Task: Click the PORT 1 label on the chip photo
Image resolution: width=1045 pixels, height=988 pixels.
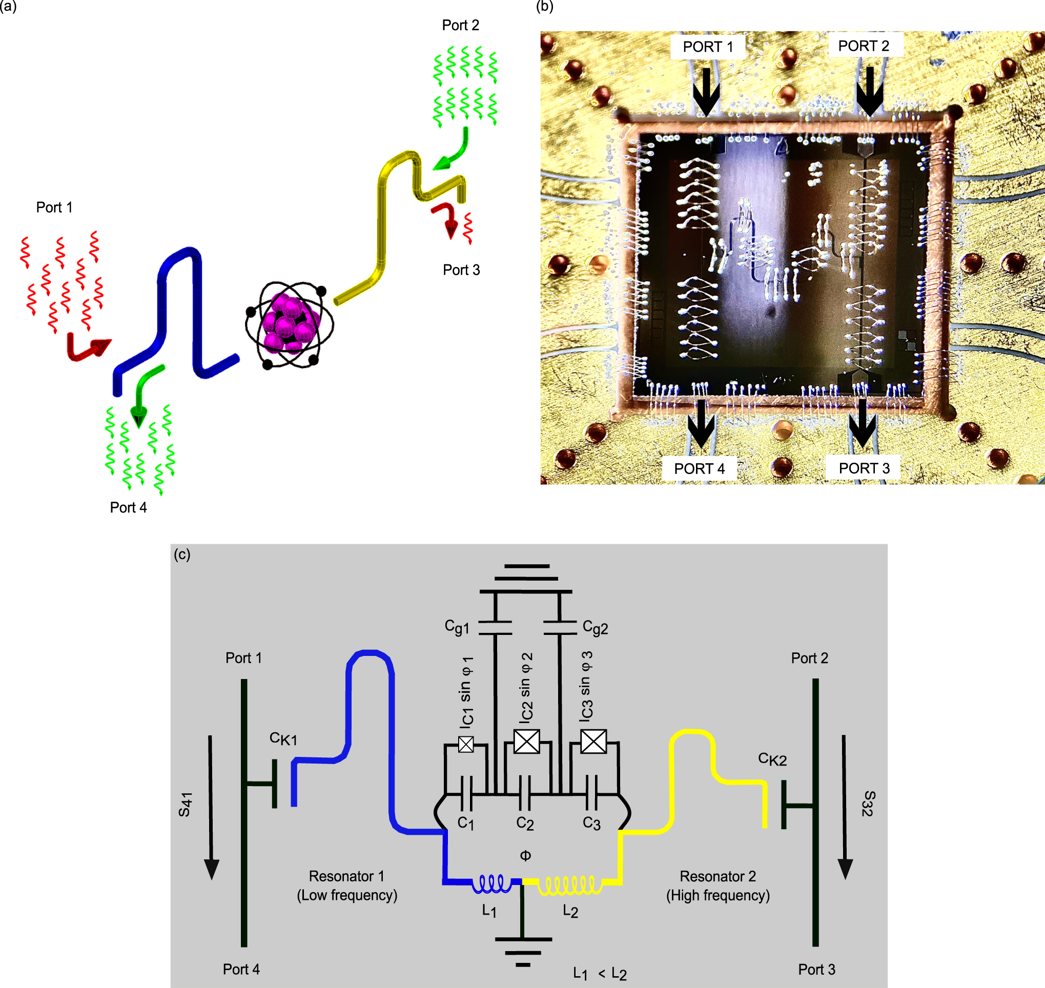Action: (708, 47)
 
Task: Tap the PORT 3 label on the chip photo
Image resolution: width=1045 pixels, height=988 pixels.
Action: (864, 468)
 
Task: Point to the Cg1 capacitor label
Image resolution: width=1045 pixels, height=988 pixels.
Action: (457, 627)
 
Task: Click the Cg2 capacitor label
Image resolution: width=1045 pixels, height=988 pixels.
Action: (595, 628)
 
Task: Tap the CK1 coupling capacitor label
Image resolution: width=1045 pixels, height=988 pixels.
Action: (283, 739)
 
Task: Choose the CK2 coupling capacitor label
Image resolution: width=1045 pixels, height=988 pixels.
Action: (772, 759)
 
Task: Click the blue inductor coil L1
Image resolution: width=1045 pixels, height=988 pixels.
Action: (491, 884)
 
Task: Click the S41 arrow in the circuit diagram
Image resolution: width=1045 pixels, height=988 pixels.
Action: (211, 806)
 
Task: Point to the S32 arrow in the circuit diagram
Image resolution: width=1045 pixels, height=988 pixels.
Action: (845, 806)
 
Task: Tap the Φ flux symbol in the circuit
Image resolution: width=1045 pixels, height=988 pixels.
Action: (525, 856)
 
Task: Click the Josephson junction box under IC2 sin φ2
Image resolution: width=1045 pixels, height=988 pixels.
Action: (526, 742)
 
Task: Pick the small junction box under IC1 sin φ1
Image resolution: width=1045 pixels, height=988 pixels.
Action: (466, 744)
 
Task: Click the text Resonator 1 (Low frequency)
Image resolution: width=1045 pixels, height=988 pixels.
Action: (346, 886)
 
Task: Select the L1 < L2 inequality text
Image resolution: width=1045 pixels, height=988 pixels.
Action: (600, 974)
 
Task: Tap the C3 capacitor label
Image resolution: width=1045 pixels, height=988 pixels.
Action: (591, 823)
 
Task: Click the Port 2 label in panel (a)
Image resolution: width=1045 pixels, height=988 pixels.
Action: (460, 25)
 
